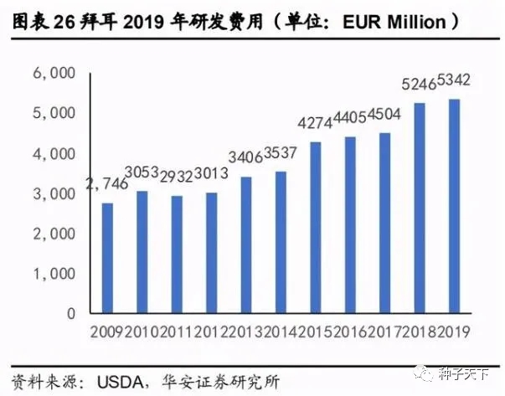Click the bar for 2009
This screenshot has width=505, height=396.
pos(108,258)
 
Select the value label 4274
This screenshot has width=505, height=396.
pos(316,125)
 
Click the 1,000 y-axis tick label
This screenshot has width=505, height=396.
pos(56,274)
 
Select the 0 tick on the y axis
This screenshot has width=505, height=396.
pos(72,313)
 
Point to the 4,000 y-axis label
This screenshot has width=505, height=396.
pos(56,154)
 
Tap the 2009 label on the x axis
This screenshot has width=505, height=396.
pos(107,329)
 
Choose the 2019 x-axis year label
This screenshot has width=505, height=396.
pos(455,329)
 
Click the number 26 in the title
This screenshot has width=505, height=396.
pos(64,20)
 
